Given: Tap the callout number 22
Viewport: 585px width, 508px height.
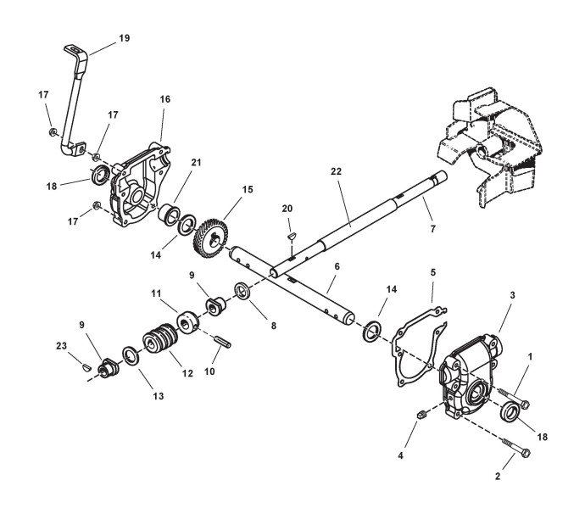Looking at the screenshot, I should (x=337, y=170).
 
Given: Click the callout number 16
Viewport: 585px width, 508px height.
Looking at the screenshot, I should (x=164, y=99).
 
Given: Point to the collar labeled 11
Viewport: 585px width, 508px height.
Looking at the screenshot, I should (x=186, y=324).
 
